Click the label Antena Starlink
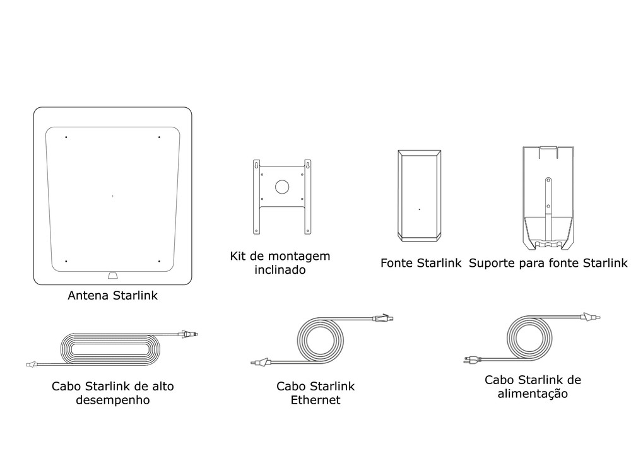click(x=112, y=295)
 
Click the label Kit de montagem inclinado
click(x=280, y=263)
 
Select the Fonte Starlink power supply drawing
click(x=420, y=196)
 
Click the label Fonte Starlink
click(x=421, y=263)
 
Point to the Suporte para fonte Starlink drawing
click(x=547, y=196)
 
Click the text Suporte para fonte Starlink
click(x=548, y=263)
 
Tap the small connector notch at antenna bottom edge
click(x=112, y=275)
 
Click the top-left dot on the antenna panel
click(x=66, y=137)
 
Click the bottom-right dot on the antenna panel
click(x=159, y=261)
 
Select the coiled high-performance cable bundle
click(x=110, y=349)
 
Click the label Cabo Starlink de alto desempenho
click(x=113, y=393)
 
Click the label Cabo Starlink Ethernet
click(x=315, y=393)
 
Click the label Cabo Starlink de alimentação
click(x=533, y=387)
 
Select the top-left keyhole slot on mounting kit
click(x=257, y=165)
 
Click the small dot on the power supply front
click(x=420, y=209)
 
